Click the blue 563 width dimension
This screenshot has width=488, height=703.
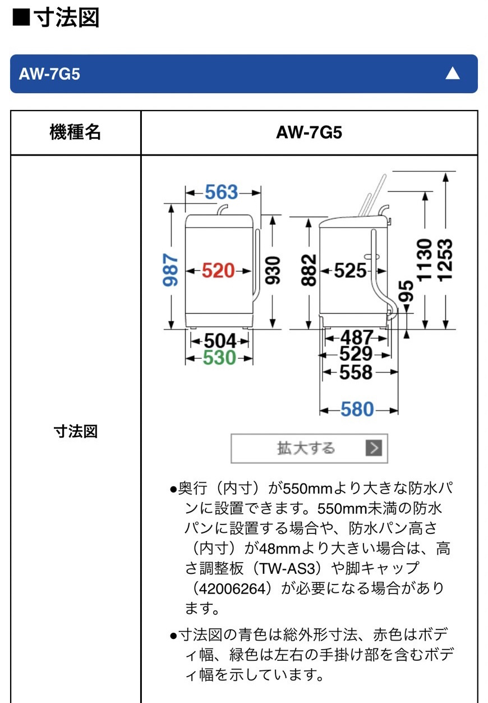tap(221, 192)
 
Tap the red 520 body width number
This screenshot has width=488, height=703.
tap(218, 270)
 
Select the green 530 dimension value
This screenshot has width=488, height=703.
tap(219, 358)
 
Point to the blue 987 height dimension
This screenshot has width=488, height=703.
tap(171, 270)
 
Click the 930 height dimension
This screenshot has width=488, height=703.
tap(273, 270)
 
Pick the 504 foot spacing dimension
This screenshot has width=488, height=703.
tap(220, 341)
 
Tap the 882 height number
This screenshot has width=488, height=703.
tap(309, 270)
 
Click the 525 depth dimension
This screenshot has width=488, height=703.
tap(350, 270)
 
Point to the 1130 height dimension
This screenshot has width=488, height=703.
tap(425, 259)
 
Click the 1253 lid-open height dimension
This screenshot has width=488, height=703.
tap(445, 260)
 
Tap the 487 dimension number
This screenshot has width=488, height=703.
tap(357, 337)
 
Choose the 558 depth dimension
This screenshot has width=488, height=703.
tap(356, 372)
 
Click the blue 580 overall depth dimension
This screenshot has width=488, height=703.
tap(357, 409)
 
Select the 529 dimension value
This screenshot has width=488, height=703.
tap(356, 354)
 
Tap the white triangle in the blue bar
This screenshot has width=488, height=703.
tap(452, 74)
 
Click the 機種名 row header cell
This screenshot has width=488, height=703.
tap(76, 133)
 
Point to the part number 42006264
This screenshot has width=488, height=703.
tap(233, 589)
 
